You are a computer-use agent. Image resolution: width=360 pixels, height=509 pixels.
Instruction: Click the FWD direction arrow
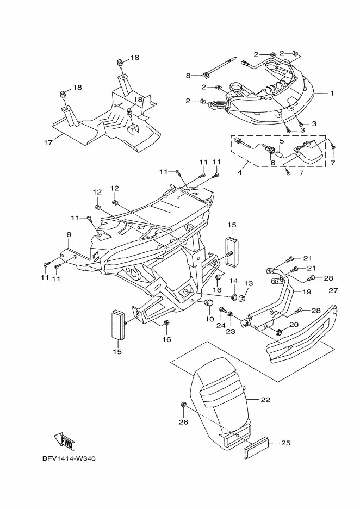point(65,442)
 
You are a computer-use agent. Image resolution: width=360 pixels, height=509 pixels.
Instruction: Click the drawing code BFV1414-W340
point(69,458)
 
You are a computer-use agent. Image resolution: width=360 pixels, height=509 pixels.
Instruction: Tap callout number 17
point(48,142)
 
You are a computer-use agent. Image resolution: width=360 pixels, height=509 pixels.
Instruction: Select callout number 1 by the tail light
point(332,93)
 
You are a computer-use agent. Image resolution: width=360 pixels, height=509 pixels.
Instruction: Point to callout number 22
point(265,400)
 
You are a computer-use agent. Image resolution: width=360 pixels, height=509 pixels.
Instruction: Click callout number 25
point(285,443)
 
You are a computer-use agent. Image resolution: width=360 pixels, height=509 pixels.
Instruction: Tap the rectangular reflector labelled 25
point(256,447)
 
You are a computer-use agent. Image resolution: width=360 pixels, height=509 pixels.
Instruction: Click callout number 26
point(184,423)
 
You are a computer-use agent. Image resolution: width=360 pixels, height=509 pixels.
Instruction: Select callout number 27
point(333,290)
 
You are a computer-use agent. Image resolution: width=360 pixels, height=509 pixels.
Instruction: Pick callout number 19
point(307,291)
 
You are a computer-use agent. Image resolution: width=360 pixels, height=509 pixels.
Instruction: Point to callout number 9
point(69,234)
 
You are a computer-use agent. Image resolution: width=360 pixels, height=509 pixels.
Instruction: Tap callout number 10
point(210,319)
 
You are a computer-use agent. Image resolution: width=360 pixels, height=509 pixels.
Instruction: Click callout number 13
point(249,284)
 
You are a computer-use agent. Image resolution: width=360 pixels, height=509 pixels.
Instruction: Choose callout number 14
point(234,281)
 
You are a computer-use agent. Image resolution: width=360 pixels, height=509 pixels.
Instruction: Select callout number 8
point(188,76)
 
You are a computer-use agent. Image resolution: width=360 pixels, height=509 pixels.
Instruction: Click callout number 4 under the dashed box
point(240,172)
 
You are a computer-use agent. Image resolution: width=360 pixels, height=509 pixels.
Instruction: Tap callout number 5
point(282,141)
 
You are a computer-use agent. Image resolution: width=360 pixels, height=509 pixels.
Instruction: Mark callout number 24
point(221,325)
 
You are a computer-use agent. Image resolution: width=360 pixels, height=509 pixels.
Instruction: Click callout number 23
point(231,331)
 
